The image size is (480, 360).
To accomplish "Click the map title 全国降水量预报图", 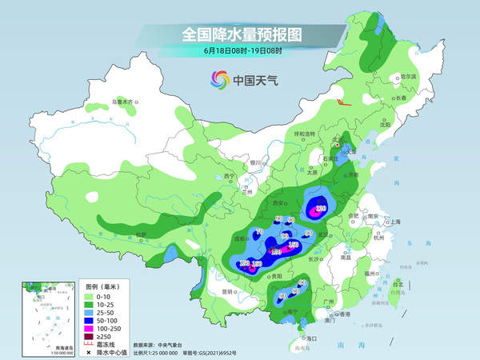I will [x=240, y=34].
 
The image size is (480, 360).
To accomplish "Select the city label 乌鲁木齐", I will [x=124, y=102].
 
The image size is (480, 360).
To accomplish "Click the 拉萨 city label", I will [x=141, y=234].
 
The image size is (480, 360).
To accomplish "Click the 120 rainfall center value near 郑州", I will [x=321, y=210].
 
